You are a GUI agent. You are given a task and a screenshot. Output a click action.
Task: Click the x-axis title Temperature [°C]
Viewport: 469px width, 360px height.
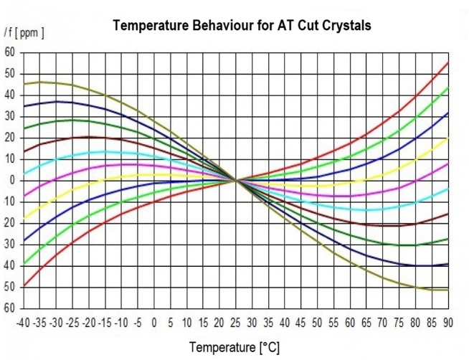click(234, 347)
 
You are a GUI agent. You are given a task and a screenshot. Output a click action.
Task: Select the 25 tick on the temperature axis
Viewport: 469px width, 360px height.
click(236, 321)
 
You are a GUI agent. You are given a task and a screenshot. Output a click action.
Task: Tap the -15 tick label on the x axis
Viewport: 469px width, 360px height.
click(106, 321)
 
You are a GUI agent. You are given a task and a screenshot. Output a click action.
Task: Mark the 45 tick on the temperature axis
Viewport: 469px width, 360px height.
click(301, 321)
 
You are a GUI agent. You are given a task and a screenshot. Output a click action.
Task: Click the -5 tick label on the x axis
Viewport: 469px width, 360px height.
click(138, 321)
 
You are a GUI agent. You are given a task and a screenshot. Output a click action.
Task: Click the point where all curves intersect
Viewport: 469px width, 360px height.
click(236, 180)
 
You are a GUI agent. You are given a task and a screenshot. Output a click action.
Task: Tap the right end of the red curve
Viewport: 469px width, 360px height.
click(448, 62)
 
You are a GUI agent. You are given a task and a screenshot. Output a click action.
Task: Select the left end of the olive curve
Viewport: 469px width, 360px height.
click(24, 85)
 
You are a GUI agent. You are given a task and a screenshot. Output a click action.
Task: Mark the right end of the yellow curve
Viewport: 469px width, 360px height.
click(448, 138)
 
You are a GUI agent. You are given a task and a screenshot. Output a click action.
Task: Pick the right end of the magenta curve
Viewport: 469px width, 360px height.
click(448, 164)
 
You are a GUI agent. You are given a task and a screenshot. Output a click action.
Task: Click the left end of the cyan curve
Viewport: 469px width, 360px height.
click(24, 174)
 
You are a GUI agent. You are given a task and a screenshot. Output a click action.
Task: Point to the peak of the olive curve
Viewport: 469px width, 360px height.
click(42, 82)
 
